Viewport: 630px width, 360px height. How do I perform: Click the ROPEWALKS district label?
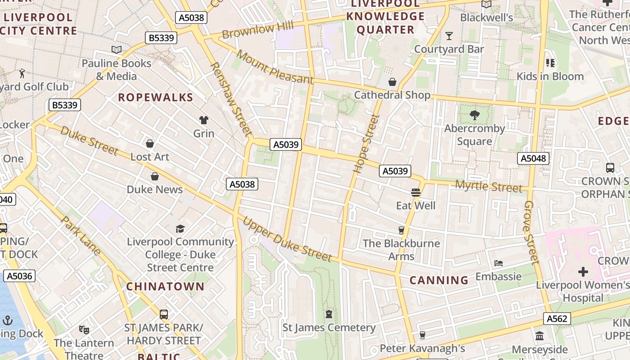tap(156, 98)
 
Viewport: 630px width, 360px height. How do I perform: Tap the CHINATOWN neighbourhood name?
tap(165, 287)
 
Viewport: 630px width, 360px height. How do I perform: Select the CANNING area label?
tap(439, 280)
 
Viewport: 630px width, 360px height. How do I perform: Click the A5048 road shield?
tap(533, 158)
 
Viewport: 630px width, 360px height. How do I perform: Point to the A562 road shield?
tap(557, 319)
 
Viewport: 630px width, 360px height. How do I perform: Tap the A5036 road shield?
tap(19, 276)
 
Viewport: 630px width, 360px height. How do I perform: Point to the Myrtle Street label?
tap(489, 186)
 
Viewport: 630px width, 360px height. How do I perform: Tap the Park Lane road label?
tap(81, 236)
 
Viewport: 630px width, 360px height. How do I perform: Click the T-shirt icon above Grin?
tap(204, 120)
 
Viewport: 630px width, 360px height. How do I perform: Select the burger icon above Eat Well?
tap(415, 193)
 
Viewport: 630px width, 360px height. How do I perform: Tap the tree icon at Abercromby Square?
tap(474, 115)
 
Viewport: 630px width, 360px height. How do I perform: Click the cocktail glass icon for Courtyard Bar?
tap(449, 36)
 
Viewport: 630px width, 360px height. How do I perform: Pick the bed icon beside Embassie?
tap(499, 263)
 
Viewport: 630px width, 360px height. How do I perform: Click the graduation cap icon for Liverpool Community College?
tap(180, 229)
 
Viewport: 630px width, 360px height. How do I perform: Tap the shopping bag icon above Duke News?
tap(155, 176)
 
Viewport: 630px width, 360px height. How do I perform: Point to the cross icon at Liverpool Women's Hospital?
tap(583, 272)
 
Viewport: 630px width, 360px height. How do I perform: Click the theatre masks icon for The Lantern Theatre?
tap(84, 330)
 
